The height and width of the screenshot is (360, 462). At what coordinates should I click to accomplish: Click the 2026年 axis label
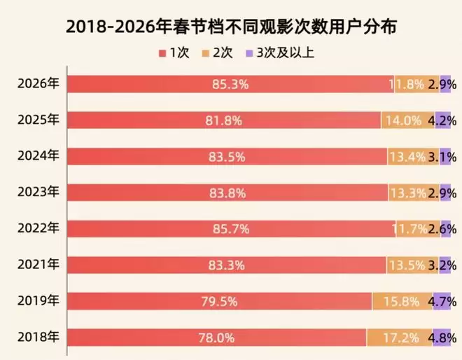click(x=38, y=83)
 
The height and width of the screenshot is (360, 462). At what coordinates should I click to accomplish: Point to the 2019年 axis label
click(x=38, y=301)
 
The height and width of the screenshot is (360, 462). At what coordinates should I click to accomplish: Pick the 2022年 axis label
click(x=38, y=228)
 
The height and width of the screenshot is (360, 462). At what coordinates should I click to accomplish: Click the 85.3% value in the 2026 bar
click(x=230, y=85)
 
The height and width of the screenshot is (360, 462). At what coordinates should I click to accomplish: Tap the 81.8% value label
click(x=224, y=120)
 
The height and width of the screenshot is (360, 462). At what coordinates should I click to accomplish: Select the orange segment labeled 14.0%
click(x=407, y=120)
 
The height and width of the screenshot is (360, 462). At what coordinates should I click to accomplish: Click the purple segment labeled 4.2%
click(x=442, y=120)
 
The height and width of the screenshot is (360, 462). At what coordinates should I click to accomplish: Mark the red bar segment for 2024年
click(x=227, y=157)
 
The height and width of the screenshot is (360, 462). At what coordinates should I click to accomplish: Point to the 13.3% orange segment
click(x=413, y=193)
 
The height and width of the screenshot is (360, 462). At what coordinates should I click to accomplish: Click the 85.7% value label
click(x=232, y=229)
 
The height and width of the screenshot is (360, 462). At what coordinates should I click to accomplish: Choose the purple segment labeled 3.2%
click(x=444, y=265)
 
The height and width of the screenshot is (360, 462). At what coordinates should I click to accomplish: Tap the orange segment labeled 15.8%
click(x=402, y=302)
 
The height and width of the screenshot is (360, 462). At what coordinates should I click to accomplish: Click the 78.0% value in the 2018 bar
click(x=217, y=338)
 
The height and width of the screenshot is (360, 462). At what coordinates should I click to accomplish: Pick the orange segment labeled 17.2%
click(x=399, y=338)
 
